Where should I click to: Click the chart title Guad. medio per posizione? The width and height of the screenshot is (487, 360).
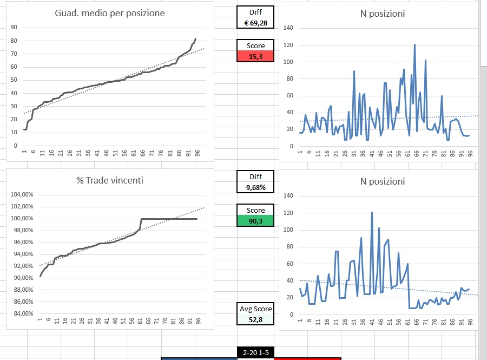(x=110, y=13)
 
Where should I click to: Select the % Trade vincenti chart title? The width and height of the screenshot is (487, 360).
(x=110, y=180)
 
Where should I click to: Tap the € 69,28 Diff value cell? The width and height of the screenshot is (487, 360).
(x=255, y=23)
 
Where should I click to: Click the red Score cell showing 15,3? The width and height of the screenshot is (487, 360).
(x=255, y=56)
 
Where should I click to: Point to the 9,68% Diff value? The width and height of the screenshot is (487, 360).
(x=255, y=187)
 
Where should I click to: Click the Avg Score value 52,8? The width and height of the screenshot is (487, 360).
(x=255, y=319)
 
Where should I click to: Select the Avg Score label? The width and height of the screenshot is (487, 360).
(x=255, y=309)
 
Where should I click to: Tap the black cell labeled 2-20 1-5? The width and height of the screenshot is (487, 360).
(x=255, y=352)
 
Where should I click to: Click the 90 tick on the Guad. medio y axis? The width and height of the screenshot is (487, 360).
(x=14, y=28)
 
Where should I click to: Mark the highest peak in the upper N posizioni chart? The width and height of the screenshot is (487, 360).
(x=414, y=44)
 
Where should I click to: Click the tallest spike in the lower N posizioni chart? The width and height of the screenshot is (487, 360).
(x=372, y=212)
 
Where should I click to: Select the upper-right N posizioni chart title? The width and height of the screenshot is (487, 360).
(x=383, y=14)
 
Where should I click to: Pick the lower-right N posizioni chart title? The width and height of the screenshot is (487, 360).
(x=383, y=181)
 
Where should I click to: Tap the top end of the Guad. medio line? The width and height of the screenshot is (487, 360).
(x=195, y=38)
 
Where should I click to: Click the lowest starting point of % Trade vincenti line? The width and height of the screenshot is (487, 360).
(x=40, y=277)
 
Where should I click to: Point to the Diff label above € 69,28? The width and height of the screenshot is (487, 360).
(x=255, y=12)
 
